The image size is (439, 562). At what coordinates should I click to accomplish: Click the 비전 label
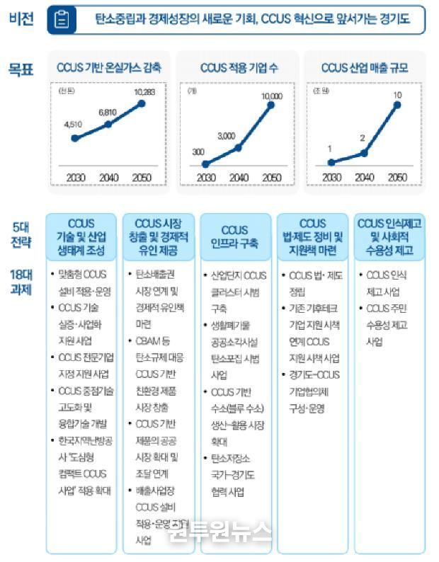click(x=20, y=19)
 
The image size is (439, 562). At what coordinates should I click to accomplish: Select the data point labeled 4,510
click(x=75, y=137)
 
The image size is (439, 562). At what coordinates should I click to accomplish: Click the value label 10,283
click(x=142, y=92)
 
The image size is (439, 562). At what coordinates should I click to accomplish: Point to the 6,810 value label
click(x=108, y=112)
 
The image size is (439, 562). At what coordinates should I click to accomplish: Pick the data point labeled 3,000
click(x=239, y=147)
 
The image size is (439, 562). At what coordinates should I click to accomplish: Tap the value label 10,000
click(x=272, y=96)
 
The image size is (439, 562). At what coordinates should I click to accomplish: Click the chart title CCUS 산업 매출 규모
click(x=365, y=69)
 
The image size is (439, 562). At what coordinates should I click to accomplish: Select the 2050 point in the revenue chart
click(x=397, y=105)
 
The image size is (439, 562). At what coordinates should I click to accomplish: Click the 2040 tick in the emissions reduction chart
click(x=108, y=178)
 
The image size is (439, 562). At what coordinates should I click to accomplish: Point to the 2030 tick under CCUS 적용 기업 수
click(x=205, y=178)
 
